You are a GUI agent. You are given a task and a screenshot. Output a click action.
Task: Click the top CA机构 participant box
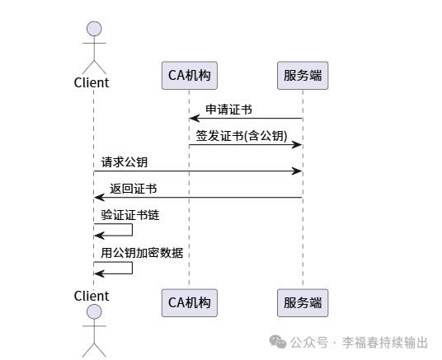pyautogui.click(x=190, y=76)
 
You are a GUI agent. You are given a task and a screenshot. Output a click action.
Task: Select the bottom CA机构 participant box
pyautogui.click(x=190, y=302)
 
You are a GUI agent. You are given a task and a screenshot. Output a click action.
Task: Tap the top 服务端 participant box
pyautogui.click(x=302, y=76)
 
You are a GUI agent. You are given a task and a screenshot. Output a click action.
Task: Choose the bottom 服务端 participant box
pyautogui.click(x=302, y=302)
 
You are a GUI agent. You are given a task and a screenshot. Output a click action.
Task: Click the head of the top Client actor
pyautogui.click(x=93, y=31)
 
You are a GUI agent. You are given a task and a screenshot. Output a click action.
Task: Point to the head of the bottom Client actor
pyautogui.click(x=93, y=312)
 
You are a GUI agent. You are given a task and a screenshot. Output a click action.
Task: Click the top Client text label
pyautogui.click(x=92, y=82)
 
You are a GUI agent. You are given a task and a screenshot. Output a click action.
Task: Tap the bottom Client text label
pyautogui.click(x=92, y=296)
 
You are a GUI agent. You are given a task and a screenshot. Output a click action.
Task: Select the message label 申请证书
pyautogui.click(x=228, y=110)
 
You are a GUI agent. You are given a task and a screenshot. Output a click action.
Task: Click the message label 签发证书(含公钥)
pyautogui.click(x=241, y=136)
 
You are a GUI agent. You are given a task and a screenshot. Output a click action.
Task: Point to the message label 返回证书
pyautogui.click(x=134, y=188)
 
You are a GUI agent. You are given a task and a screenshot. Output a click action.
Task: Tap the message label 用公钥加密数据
pyautogui.click(x=142, y=252)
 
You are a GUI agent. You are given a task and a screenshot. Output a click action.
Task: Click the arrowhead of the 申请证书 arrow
pyautogui.click(x=194, y=119)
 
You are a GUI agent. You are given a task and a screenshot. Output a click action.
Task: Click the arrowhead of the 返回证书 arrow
pyautogui.click(x=98, y=198)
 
